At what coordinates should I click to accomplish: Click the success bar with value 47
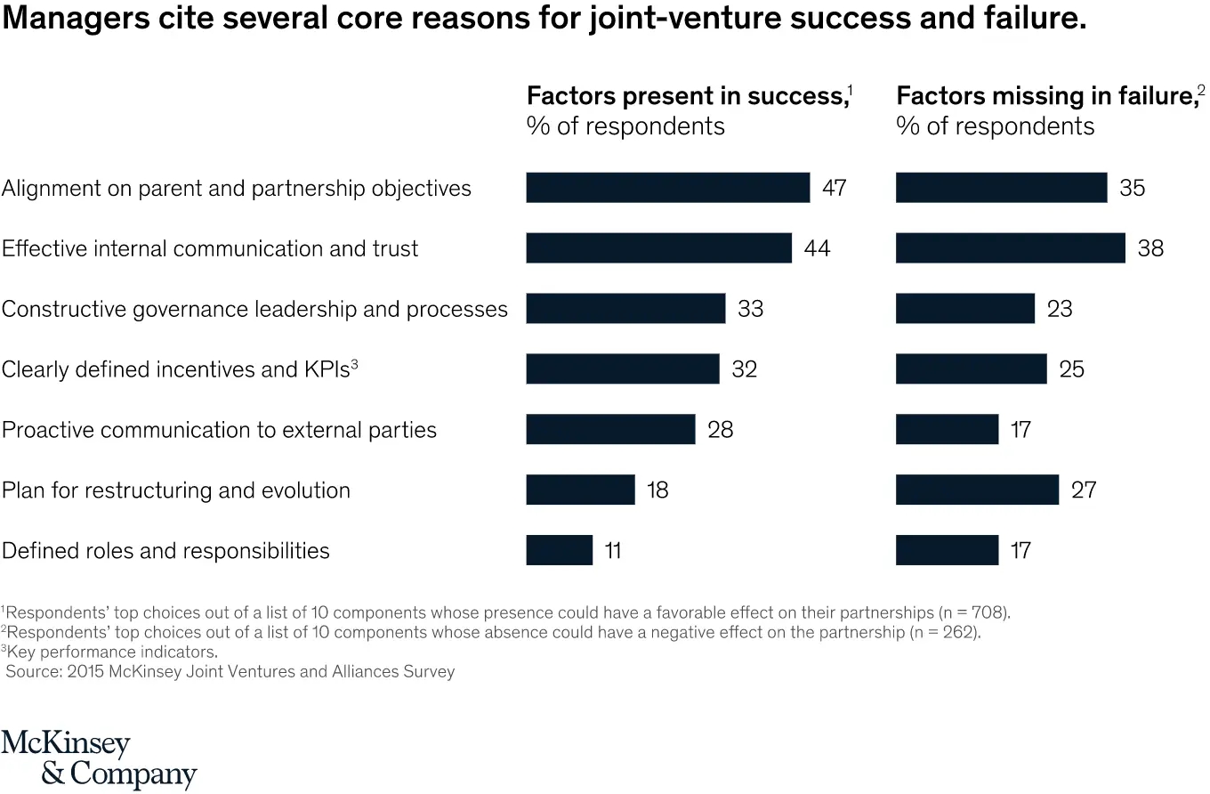[667, 188]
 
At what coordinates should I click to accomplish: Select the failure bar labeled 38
[1010, 248]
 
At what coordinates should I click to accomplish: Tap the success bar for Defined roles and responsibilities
[559, 550]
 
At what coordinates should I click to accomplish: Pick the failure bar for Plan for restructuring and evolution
[977, 490]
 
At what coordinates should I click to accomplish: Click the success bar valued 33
[625, 309]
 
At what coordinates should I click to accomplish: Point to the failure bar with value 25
[971, 369]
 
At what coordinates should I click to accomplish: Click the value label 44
[817, 248]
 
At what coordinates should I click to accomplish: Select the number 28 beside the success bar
[721, 430]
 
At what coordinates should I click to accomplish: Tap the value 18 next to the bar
[657, 490]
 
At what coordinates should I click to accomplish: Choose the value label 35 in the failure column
[1132, 188]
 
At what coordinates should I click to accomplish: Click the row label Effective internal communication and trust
[210, 248]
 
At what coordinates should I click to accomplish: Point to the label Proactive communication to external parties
[219, 430]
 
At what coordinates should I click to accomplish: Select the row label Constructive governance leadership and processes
[254, 309]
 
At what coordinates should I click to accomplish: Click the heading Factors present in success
[686, 96]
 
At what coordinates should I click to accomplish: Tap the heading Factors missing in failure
[1046, 96]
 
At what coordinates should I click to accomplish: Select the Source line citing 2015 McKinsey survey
[230, 671]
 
